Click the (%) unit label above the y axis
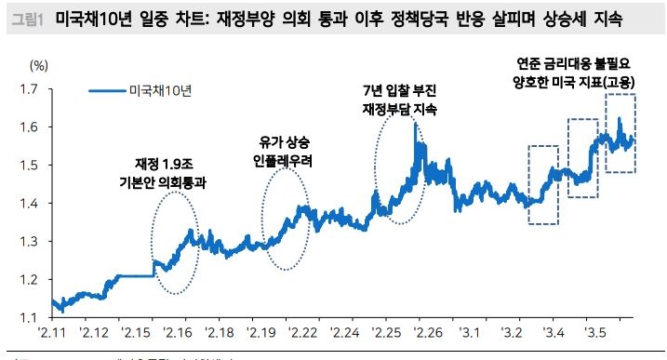tap(38, 65)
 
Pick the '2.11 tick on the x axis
tap(50, 333)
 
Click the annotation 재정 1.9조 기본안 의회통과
tap(171, 174)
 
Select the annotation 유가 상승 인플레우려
tap(282, 152)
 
